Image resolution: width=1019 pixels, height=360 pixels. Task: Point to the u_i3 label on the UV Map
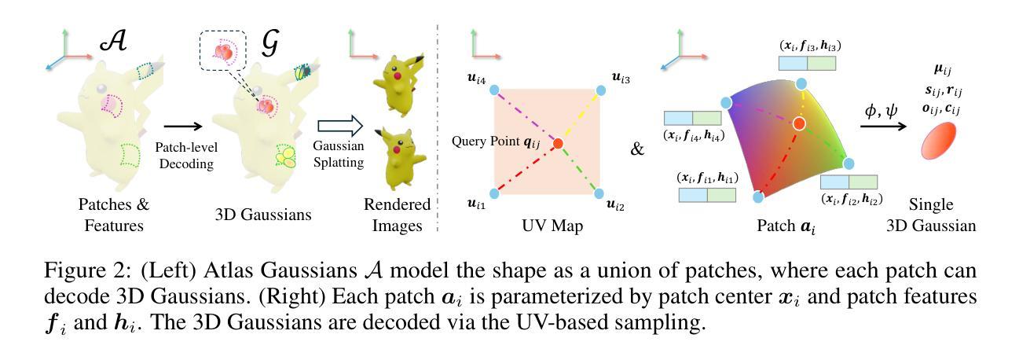622,78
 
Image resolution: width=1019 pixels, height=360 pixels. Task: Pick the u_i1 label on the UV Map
476,204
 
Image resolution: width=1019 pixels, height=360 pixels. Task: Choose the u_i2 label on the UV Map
618,206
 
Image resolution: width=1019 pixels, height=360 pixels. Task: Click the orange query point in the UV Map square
558,143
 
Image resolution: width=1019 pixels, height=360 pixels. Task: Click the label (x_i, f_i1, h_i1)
706,178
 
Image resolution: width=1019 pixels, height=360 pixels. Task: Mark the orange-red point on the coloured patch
799,123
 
